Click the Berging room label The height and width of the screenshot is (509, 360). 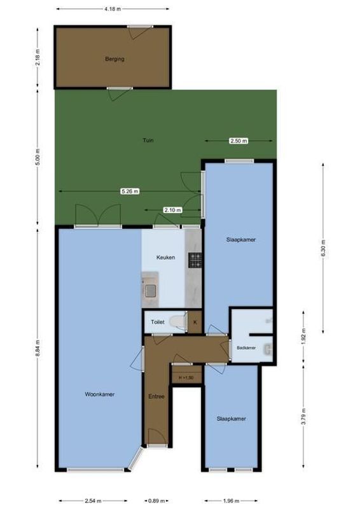pyautogui.click(x=114, y=59)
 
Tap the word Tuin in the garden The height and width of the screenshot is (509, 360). pyautogui.click(x=148, y=141)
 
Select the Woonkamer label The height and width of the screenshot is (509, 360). pyautogui.click(x=99, y=394)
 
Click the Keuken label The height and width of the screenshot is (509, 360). pyautogui.click(x=167, y=257)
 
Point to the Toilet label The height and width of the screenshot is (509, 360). pyautogui.click(x=158, y=323)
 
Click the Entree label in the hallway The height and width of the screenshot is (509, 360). pyautogui.click(x=156, y=396)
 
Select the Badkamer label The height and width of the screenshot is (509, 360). pyautogui.click(x=246, y=348)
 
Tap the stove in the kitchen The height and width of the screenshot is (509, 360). pyautogui.click(x=194, y=260)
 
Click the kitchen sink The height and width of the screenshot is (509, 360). pyautogui.click(x=151, y=291)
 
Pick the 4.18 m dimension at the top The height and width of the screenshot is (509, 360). pyautogui.click(x=113, y=10)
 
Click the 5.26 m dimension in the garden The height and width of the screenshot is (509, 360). pyautogui.click(x=130, y=191)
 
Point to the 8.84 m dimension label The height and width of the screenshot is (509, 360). pyautogui.click(x=38, y=350)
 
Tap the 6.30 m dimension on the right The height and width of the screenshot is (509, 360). pyautogui.click(x=322, y=246)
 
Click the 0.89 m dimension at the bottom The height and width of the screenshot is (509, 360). pyautogui.click(x=155, y=501)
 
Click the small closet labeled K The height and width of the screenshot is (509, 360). pyautogui.click(x=195, y=323)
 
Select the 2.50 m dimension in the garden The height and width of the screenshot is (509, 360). pyautogui.click(x=239, y=141)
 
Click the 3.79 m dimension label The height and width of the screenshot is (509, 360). pyautogui.click(x=303, y=415)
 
